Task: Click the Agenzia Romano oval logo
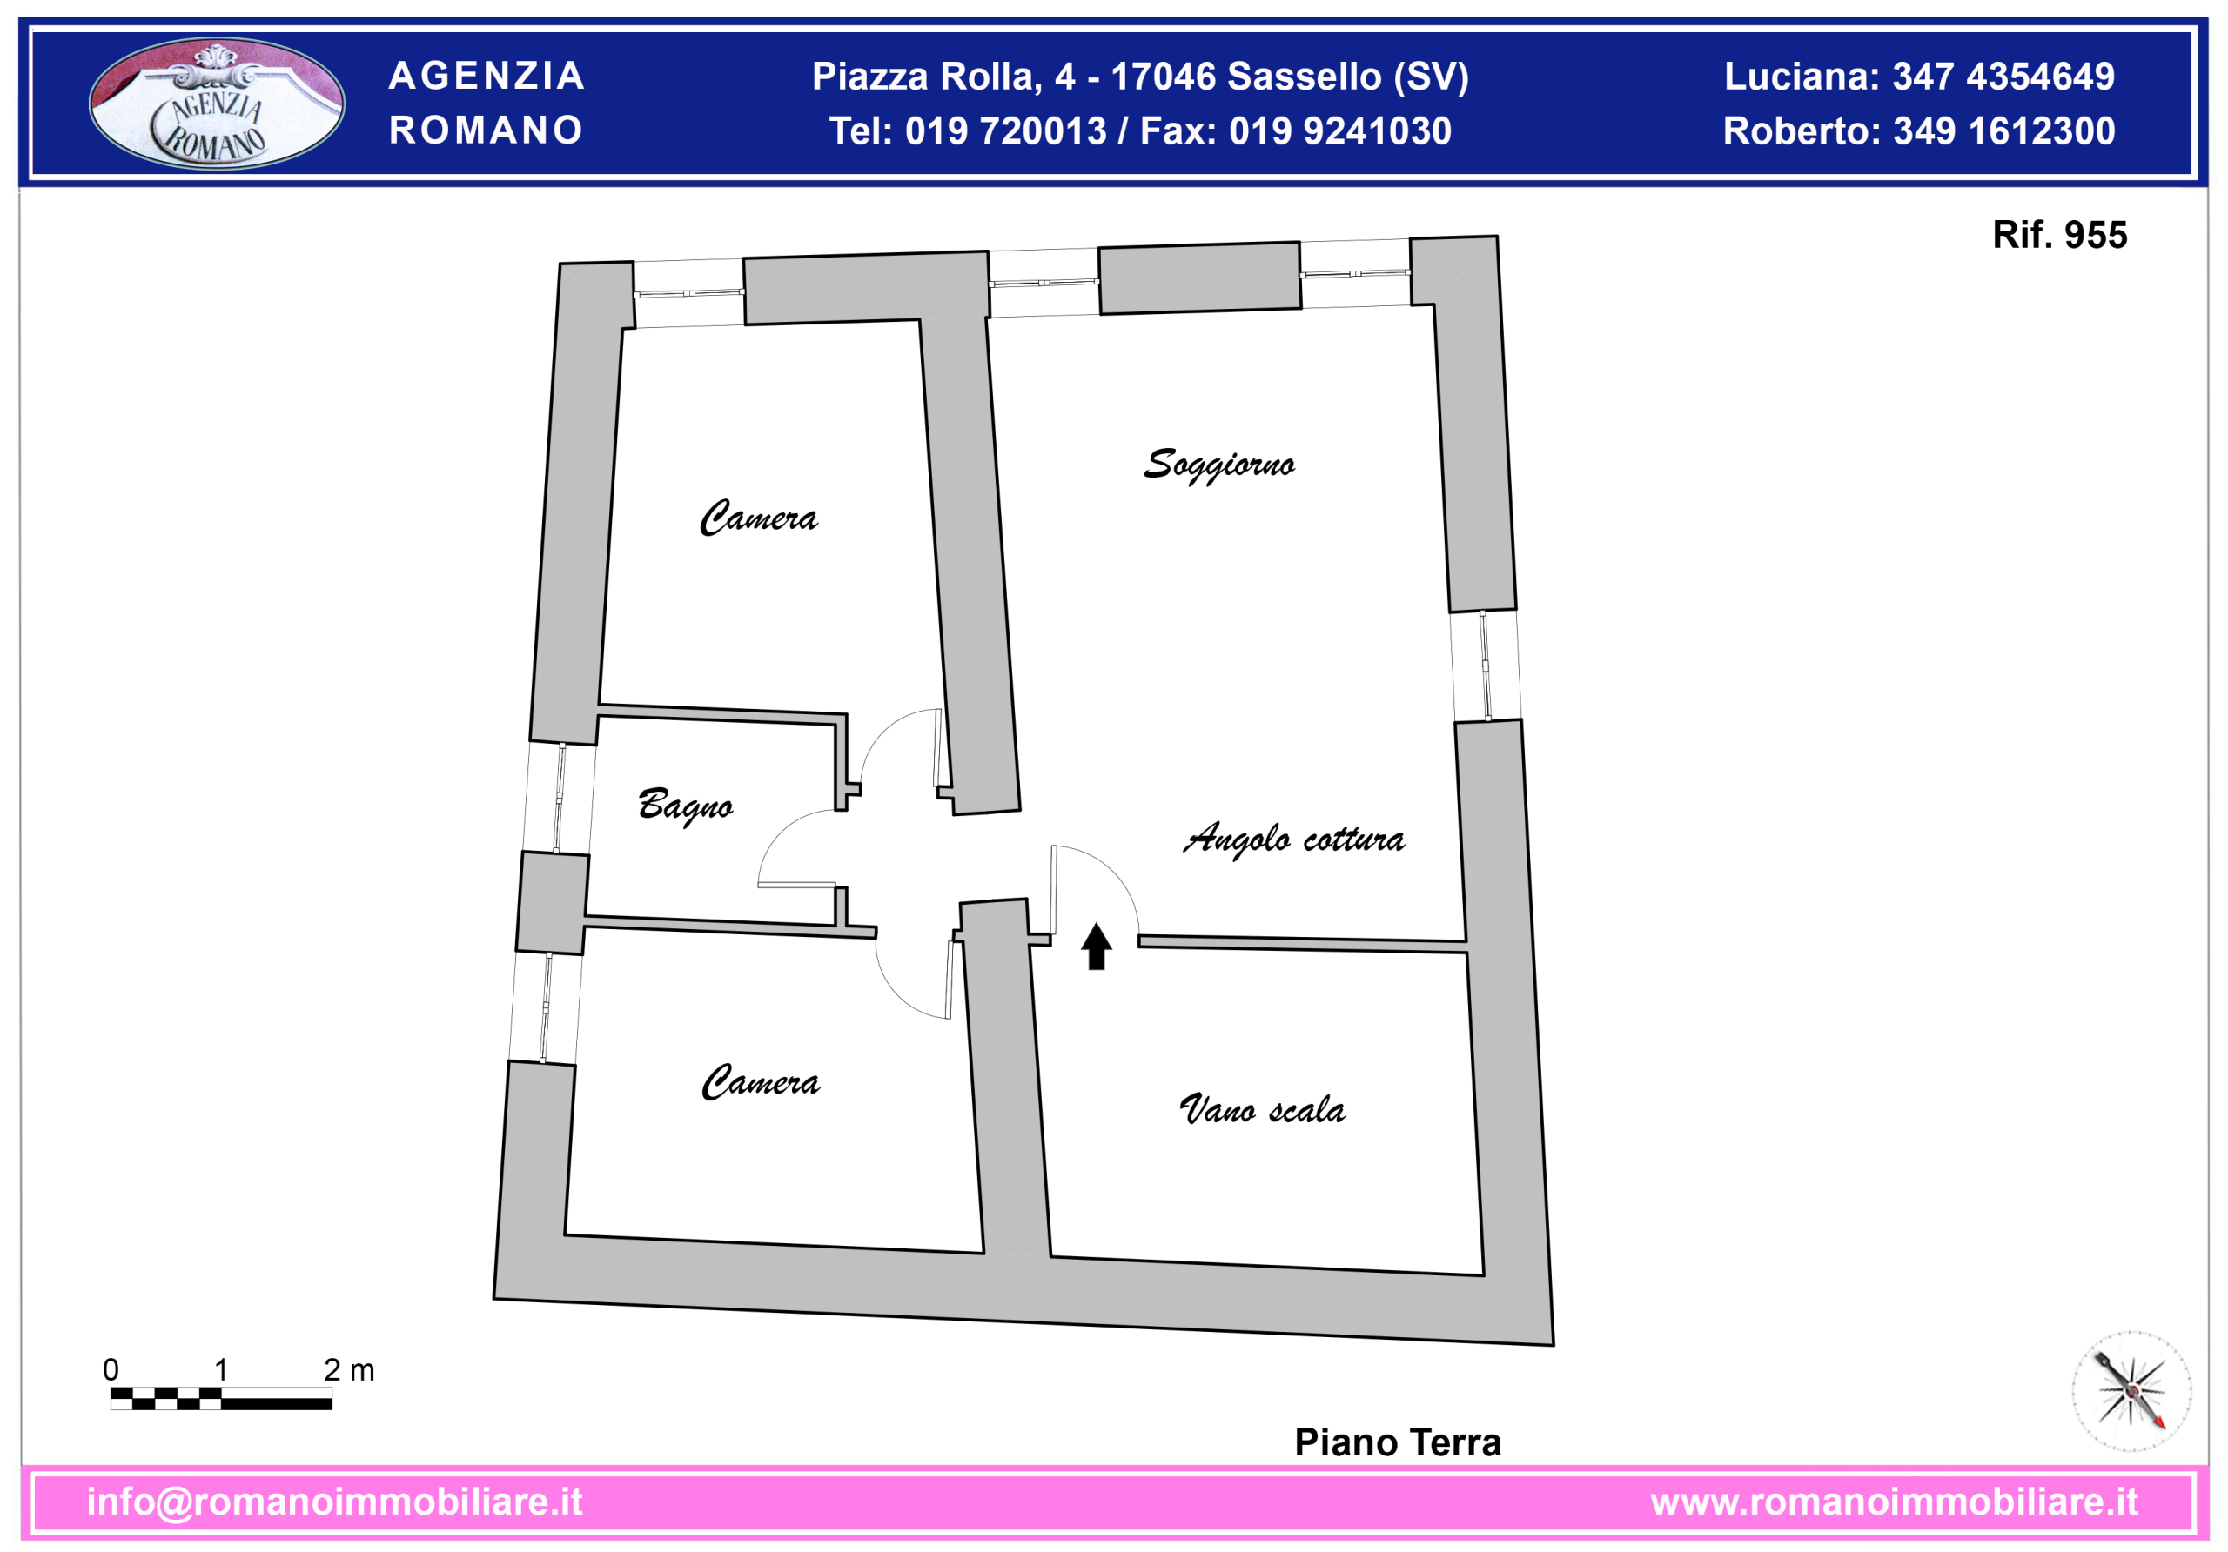tap(217, 103)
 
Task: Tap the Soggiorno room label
tap(1218, 465)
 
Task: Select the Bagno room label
tap(685, 805)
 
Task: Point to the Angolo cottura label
tap(1293, 839)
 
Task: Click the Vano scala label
tap(1261, 1108)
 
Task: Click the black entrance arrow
tap(1097, 946)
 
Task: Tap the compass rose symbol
tap(2131, 1391)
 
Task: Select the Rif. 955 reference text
tap(2059, 235)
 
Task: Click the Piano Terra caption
tap(1398, 1442)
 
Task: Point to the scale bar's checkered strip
tap(221, 1398)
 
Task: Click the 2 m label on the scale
tap(348, 1369)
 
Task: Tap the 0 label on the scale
tap(111, 1369)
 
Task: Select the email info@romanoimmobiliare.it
tap(335, 1502)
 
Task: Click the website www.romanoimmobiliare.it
tap(1894, 1502)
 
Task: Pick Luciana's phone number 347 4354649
tap(2003, 77)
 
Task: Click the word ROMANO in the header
tap(487, 130)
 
